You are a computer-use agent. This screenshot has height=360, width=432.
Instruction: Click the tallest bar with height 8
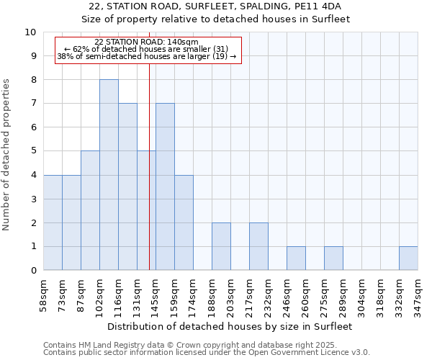[109, 175]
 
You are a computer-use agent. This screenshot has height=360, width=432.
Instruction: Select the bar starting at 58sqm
[53, 222]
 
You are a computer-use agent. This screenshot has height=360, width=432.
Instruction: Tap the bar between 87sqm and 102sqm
[90, 210]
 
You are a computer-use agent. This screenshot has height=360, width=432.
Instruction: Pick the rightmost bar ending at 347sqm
[408, 258]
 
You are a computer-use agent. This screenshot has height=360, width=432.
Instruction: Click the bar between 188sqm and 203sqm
[221, 246]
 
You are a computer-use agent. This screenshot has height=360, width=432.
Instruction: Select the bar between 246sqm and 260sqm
[296, 258]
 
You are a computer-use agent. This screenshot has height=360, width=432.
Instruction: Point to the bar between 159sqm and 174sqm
[184, 222]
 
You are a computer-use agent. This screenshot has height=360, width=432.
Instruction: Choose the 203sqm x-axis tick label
[231, 293]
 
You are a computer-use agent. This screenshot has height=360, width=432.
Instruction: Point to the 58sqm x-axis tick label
[44, 293]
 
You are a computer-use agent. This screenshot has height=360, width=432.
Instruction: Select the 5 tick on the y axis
[33, 151]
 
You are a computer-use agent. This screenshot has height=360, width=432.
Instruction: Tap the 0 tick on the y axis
[33, 271]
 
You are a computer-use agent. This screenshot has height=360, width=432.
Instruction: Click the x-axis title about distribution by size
[230, 326]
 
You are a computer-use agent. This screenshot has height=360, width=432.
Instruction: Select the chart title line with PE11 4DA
[215, 6]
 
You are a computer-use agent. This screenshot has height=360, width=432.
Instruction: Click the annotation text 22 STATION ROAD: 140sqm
[147, 42]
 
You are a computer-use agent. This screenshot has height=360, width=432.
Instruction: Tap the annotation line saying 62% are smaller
[147, 49]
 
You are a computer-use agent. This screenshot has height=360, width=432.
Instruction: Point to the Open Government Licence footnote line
[207, 353]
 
